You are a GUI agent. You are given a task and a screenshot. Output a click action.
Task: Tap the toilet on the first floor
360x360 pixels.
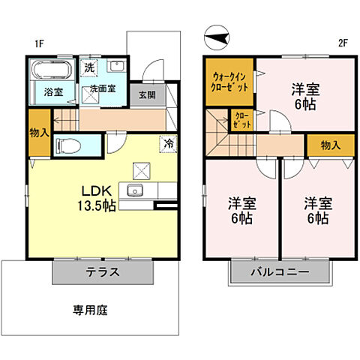[x=70, y=145]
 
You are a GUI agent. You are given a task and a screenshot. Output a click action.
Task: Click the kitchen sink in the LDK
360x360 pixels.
[x=136, y=190]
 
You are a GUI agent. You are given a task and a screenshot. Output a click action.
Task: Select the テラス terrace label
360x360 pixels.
[x=104, y=272]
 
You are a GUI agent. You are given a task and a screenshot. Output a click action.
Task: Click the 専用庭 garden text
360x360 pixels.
[x=89, y=309]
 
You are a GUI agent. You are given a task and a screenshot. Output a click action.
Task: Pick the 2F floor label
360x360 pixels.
[x=343, y=43]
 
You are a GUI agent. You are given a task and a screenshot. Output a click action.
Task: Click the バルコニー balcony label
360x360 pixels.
[x=279, y=272]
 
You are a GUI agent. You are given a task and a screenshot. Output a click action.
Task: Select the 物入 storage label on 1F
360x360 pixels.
[x=40, y=133]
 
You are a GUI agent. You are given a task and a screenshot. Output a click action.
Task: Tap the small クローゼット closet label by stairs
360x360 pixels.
[x=243, y=119]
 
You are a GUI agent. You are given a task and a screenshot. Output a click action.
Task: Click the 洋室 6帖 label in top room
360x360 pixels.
[x=304, y=97]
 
